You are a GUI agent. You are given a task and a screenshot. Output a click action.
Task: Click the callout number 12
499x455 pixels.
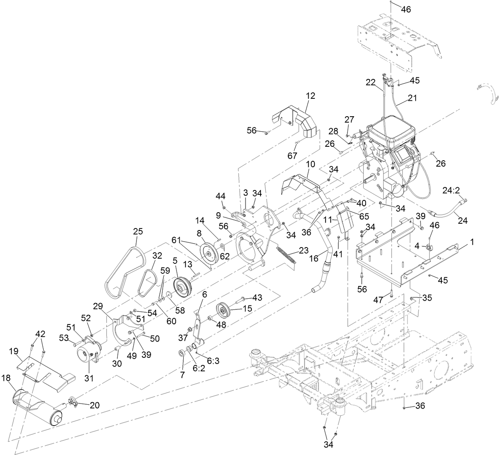pos(310,96)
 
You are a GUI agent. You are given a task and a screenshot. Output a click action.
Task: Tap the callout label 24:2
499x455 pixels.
pos(451,190)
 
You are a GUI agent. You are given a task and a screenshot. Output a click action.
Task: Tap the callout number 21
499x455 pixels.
pos(413,98)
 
